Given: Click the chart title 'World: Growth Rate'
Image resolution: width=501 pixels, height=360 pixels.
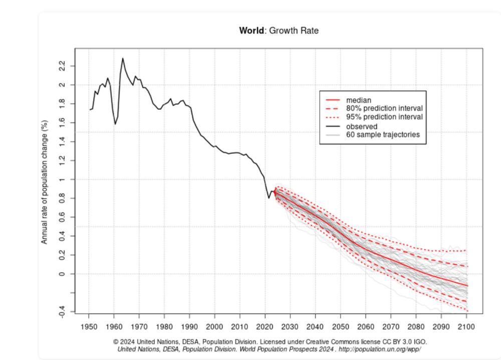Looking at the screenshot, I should point(279,31).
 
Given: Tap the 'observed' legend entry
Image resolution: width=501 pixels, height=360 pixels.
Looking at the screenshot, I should point(361,126).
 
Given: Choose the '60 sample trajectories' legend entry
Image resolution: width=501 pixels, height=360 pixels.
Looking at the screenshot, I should point(383,135).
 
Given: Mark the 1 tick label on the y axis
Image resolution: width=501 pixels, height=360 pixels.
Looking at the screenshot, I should point(62,179).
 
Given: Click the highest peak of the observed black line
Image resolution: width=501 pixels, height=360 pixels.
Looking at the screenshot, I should point(123,59).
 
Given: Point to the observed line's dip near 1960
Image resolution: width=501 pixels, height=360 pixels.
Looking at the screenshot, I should point(115,124).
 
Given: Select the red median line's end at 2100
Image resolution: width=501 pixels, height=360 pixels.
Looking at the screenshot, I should point(466,286).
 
